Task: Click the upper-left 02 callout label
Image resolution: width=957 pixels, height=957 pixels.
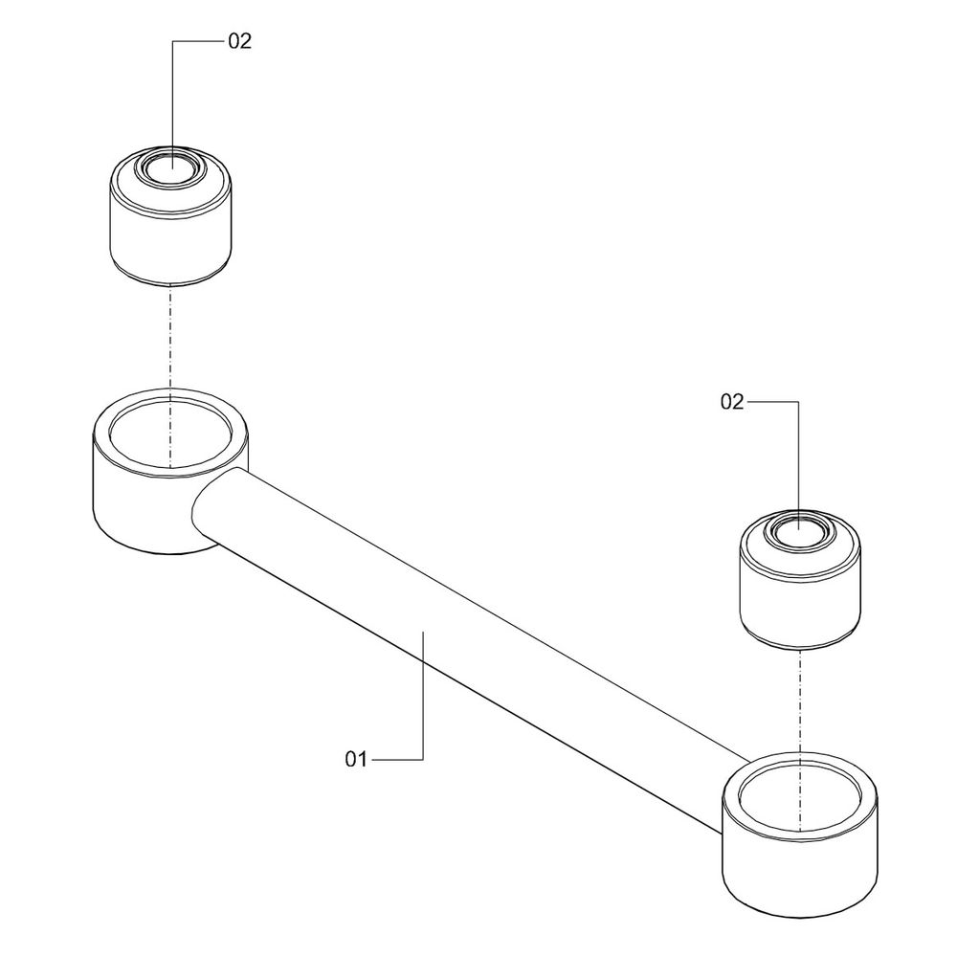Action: click(240, 41)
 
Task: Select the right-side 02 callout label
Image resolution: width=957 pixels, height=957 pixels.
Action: click(732, 402)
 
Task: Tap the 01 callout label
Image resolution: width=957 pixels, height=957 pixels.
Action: click(356, 759)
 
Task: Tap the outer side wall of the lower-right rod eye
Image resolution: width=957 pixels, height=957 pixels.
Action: click(800, 879)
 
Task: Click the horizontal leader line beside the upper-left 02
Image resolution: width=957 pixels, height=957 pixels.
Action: click(198, 41)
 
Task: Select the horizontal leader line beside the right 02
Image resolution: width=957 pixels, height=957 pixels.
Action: click(772, 402)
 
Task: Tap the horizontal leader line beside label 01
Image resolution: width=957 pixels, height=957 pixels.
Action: click(397, 759)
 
